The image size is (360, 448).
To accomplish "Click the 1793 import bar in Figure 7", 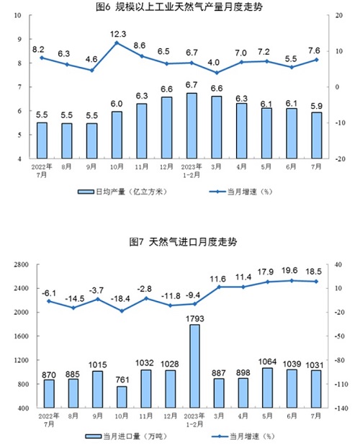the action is pyautogui.click(x=194, y=366).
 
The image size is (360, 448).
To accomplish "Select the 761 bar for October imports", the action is pyautogui.click(x=122, y=397).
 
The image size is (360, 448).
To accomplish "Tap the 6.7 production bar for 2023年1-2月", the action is pyautogui.click(x=192, y=126).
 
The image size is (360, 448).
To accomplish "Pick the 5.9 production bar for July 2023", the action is pyautogui.click(x=317, y=135).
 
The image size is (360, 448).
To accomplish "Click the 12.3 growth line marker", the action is pyautogui.click(x=117, y=43).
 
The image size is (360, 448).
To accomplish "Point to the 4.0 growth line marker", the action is pyautogui.click(x=217, y=73).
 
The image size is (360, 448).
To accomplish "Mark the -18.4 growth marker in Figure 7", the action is pyautogui.click(x=122, y=311).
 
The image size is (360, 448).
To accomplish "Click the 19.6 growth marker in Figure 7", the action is pyautogui.click(x=292, y=281).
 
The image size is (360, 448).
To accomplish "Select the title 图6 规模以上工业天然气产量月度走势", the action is pyautogui.click(x=179, y=7).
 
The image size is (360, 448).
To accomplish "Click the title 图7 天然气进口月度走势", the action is pyautogui.click(x=183, y=242).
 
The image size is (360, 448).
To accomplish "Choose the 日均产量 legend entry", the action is pyautogui.click(x=122, y=192).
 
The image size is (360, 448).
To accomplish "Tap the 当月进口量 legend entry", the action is pyautogui.click(x=126, y=436).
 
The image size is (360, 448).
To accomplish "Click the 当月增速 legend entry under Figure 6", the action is pyautogui.click(x=241, y=192).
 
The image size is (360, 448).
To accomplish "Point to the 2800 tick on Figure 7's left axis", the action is pyautogui.click(x=21, y=264).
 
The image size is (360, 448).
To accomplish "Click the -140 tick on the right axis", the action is pyautogui.click(x=341, y=408).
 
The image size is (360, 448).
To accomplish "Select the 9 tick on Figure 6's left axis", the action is pyautogui.click(x=19, y=39).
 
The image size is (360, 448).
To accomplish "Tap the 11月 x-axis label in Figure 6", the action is pyautogui.click(x=142, y=166).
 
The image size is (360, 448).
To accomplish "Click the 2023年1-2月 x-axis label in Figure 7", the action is pyautogui.click(x=194, y=420).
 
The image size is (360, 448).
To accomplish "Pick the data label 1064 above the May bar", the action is pyautogui.click(x=267, y=362).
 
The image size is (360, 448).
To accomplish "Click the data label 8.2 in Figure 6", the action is pyautogui.click(x=38, y=50).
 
